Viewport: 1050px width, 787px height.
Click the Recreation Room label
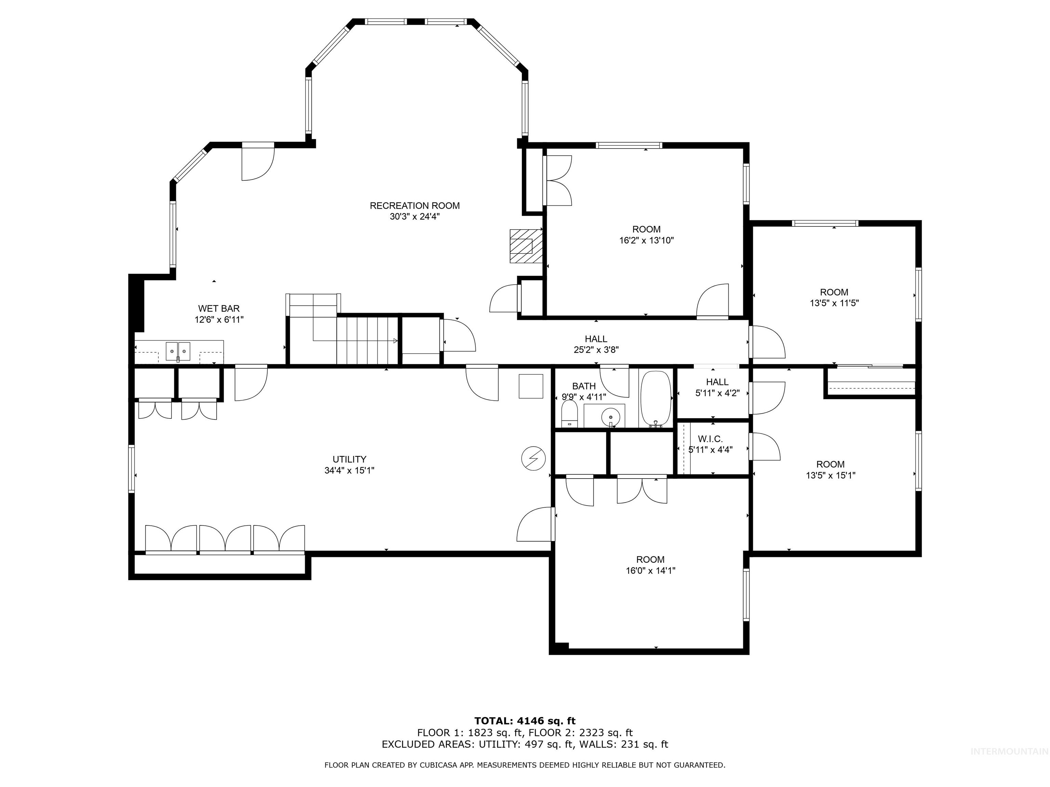click(x=414, y=205)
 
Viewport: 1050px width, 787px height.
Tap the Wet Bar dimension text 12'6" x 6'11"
click(x=219, y=320)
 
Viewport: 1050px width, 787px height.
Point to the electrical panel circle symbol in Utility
click(x=533, y=458)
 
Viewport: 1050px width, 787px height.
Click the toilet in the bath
click(x=569, y=414)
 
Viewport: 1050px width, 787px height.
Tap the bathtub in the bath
click(x=656, y=399)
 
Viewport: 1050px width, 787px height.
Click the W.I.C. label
click(x=710, y=439)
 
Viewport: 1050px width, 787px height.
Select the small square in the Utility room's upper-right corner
click(x=531, y=386)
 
